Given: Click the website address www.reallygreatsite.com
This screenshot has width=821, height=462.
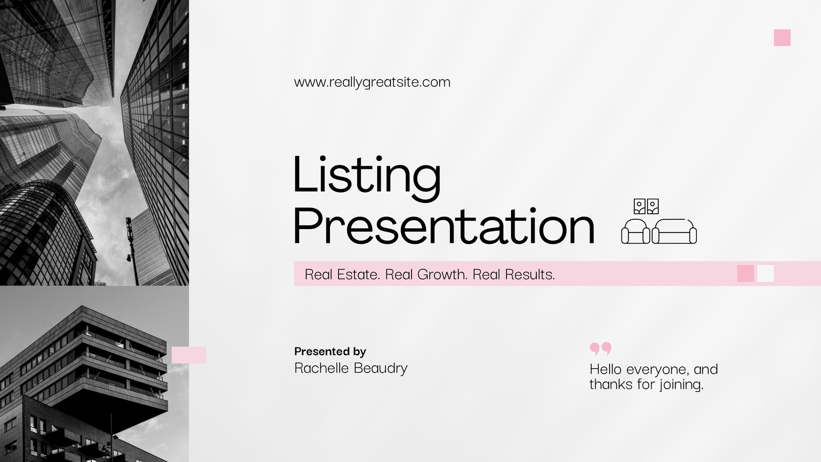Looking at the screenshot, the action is [x=372, y=82].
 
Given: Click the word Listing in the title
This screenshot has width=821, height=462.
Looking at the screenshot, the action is [x=367, y=178].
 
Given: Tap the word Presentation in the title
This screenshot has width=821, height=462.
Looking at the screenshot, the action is [x=444, y=226].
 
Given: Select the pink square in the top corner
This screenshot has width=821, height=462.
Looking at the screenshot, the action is [x=782, y=38].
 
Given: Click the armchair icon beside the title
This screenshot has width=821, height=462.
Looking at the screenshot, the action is [x=636, y=232].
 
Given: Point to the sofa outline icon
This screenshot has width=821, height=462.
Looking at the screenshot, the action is [x=674, y=232].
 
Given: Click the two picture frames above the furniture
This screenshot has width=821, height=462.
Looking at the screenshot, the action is [x=646, y=206].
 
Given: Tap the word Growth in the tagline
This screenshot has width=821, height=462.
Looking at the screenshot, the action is [x=442, y=274].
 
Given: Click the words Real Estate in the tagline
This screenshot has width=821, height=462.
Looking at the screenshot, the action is [x=342, y=274].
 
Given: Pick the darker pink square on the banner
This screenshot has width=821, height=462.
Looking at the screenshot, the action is [x=746, y=274].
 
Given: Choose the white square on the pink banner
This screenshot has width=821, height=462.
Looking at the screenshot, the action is [x=765, y=274].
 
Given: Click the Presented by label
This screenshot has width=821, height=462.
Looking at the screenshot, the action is [x=330, y=352].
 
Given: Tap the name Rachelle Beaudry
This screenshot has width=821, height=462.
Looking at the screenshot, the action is [x=351, y=368].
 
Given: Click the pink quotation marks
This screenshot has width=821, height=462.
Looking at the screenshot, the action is [x=600, y=349].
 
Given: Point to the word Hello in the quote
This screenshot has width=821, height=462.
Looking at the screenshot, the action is [x=605, y=369].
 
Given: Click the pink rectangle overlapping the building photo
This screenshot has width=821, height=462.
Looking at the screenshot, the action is [x=189, y=355].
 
